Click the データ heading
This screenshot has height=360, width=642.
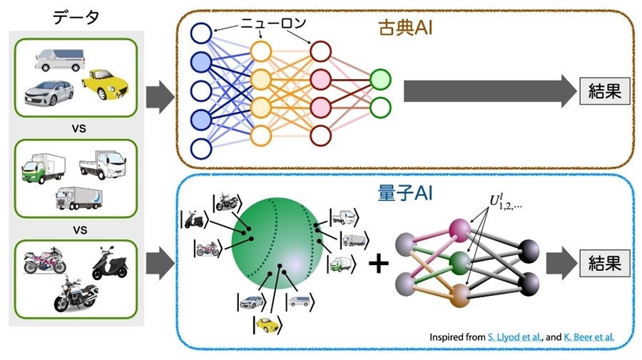pyautogui.click(x=76, y=18)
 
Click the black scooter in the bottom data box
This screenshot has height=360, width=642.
pyautogui.click(x=111, y=264)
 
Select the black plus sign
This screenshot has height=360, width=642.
pyautogui.click(x=378, y=264)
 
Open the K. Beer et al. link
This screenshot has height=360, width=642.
pyautogui.click(x=588, y=336)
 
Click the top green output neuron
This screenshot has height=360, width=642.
pyautogui.click(x=381, y=78)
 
